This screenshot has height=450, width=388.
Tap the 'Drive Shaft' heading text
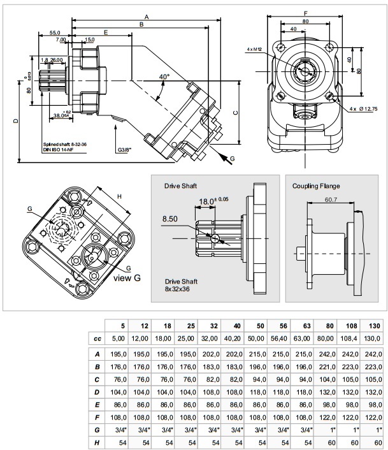tap(181, 185)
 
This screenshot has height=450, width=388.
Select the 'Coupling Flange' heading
tap(316, 186)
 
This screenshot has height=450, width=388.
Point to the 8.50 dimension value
tap(170, 219)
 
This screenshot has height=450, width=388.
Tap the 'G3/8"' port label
tap(126, 150)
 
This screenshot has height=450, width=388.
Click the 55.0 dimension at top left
tap(55, 33)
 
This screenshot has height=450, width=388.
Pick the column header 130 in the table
tap(374, 326)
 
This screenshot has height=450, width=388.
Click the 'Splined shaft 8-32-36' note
tap(65, 145)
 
